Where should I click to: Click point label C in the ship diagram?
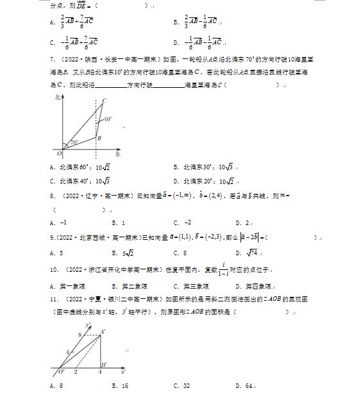pyautogui.click(x=104, y=100)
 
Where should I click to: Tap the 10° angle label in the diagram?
pyautogui.click(x=108, y=119)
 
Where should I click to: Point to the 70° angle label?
pyautogui.click(x=74, y=142)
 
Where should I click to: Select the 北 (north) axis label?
pyautogui.click(x=57, y=97)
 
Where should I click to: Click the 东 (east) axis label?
pyautogui.click(x=117, y=155)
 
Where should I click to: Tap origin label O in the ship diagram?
pyautogui.click(x=59, y=154)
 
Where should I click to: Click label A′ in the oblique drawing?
pyautogui.click(x=103, y=332)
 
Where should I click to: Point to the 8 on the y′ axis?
pyautogui.click(x=80, y=334)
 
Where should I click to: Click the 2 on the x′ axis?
pyautogui.click(x=76, y=371)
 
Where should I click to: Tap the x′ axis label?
pyautogui.click(x=122, y=371)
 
